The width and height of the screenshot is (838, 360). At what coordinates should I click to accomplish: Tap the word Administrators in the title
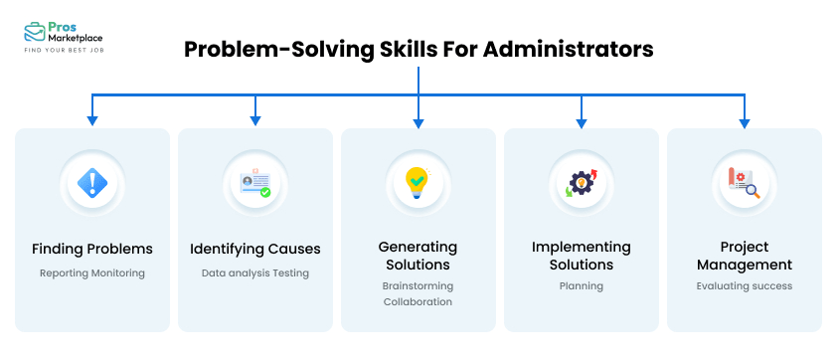[x=569, y=49]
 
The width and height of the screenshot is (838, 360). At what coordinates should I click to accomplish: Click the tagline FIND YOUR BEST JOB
[x=64, y=49]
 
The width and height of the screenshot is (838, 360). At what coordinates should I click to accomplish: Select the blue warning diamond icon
[x=92, y=183]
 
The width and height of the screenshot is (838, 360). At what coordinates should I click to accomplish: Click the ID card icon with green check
[x=255, y=183]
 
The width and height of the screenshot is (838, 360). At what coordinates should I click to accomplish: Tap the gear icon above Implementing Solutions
[x=580, y=183]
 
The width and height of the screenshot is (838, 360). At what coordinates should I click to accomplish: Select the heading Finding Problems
[x=92, y=249]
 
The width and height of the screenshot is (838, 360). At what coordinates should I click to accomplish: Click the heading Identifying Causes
[x=255, y=249]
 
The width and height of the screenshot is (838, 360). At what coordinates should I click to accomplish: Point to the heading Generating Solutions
[x=418, y=256]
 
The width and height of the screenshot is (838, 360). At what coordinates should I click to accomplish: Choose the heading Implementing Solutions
[x=581, y=256]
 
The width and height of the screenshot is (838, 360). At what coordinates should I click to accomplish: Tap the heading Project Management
[x=744, y=256]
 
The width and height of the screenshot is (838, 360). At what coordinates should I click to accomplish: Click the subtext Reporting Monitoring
[x=92, y=272]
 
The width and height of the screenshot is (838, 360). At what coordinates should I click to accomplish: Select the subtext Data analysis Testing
[x=255, y=272]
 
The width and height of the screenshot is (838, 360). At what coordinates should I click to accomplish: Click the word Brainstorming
[x=418, y=284]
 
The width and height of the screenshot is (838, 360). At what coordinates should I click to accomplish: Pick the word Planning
[x=581, y=286]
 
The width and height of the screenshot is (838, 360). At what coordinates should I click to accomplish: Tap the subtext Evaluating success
[x=744, y=286]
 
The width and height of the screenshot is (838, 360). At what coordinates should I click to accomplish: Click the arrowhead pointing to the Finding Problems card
[x=92, y=120]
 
